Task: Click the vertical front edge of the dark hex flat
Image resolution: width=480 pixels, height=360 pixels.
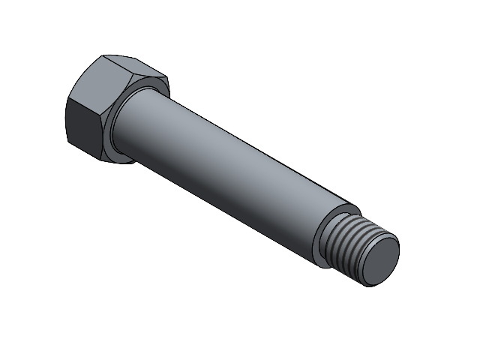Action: [67, 120]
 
